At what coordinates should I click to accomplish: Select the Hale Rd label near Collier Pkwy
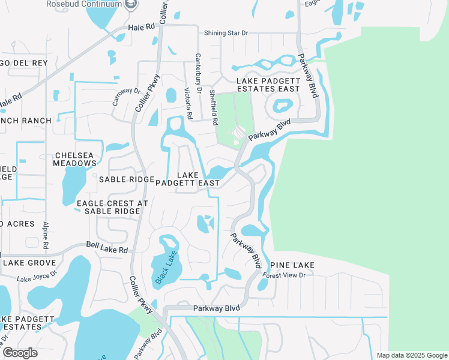[x=141, y=27]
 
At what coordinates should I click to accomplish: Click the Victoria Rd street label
[x=188, y=104]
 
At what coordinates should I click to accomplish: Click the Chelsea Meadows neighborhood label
[x=74, y=158]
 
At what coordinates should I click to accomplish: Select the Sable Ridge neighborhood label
[x=127, y=179]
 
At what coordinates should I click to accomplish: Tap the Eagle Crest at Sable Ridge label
[x=112, y=207]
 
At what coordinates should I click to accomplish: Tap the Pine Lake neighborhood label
[x=292, y=265]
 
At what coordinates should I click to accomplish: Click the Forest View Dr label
[x=285, y=275]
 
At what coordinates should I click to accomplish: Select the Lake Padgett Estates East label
[x=268, y=85]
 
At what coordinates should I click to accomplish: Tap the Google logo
[x=20, y=352]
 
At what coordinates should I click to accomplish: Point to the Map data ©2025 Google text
[x=411, y=355]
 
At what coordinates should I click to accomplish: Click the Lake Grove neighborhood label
[x=29, y=262]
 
